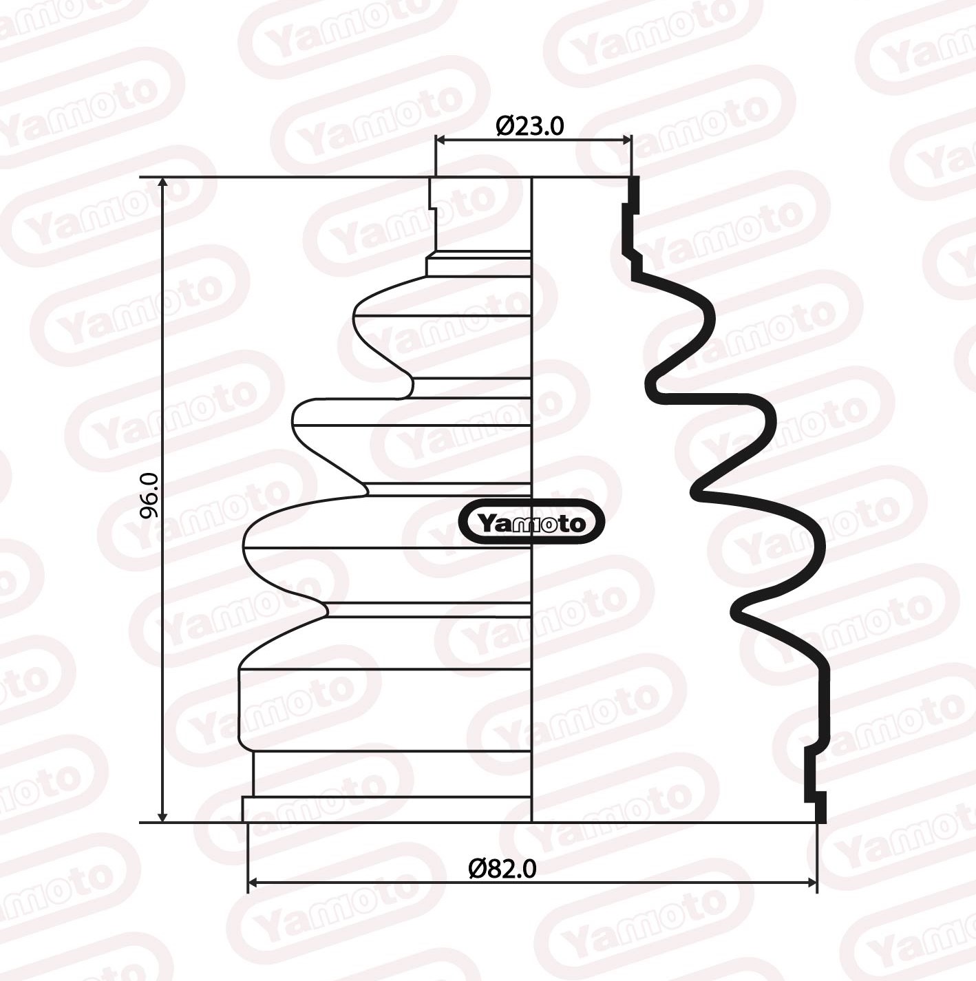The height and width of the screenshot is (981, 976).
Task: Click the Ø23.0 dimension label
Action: pyautogui.click(x=529, y=126)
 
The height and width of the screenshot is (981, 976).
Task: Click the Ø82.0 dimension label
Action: pyautogui.click(x=502, y=869)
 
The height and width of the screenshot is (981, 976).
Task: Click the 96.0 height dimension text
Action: pyautogui.click(x=149, y=496)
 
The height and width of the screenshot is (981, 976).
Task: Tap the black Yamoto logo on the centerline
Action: pyautogui.click(x=531, y=523)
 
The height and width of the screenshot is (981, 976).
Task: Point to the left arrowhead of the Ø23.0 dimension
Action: pyautogui.click(x=441, y=140)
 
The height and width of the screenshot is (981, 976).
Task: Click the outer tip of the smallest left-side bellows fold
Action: pyautogui.click(x=354, y=316)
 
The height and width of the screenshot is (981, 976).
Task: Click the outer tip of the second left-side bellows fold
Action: pyautogui.click(x=294, y=417)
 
